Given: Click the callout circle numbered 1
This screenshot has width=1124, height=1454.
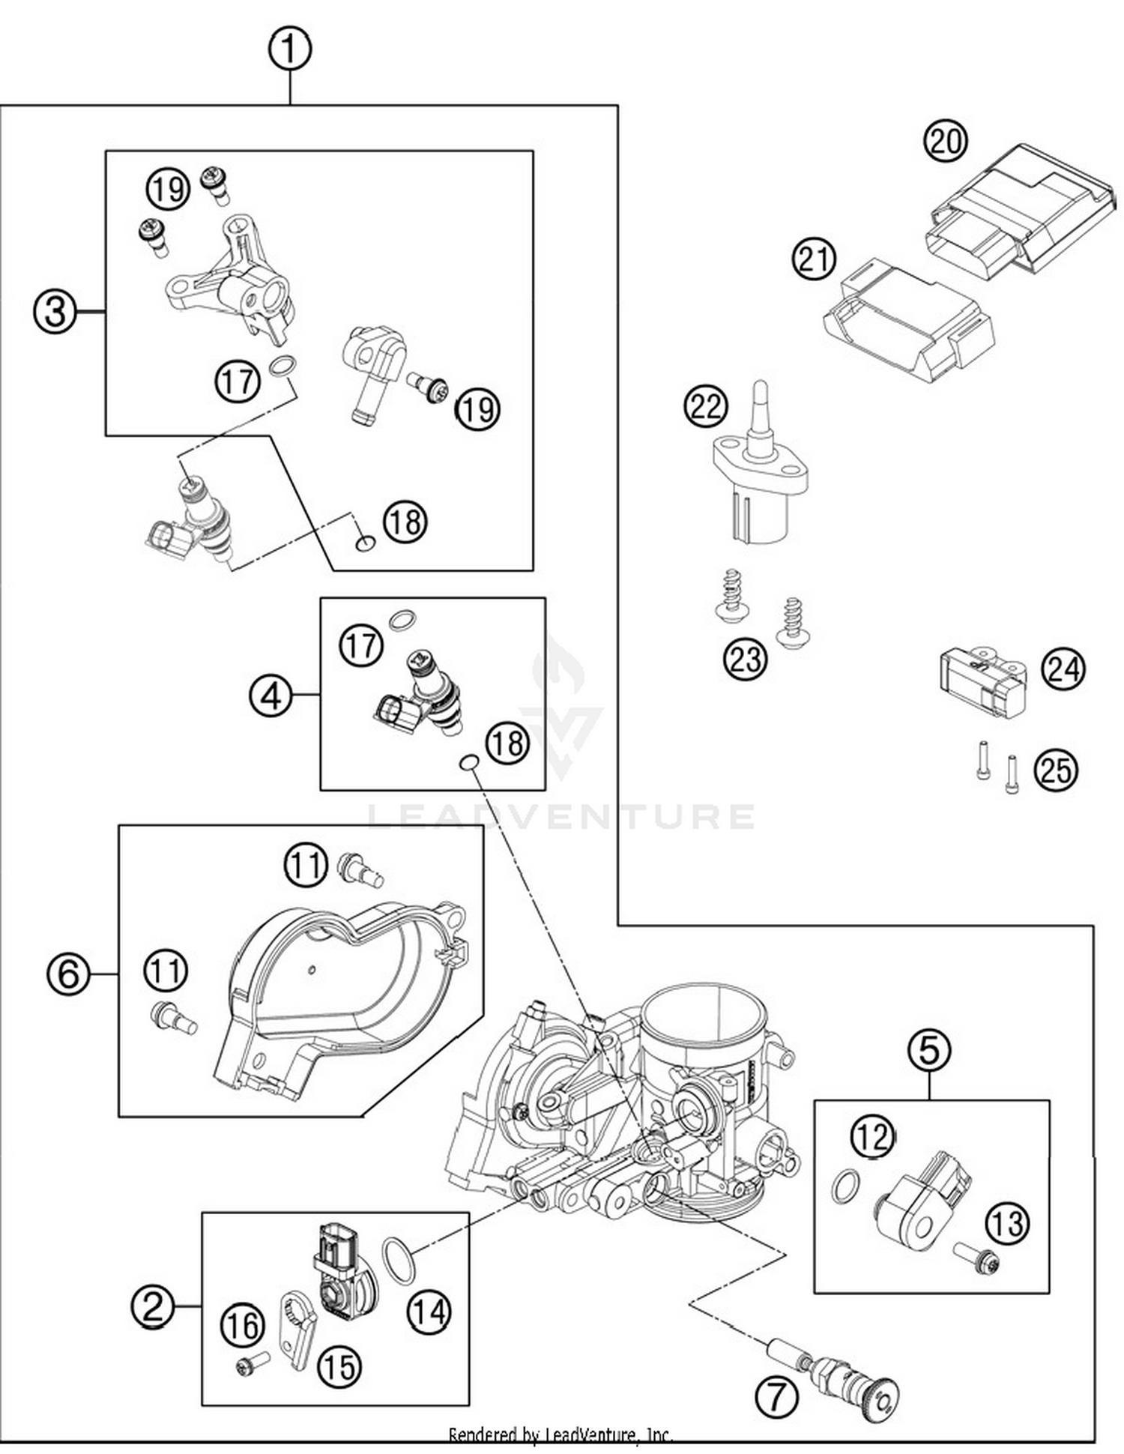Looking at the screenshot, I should [289, 50].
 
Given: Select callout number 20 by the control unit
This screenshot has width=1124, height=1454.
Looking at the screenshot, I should [945, 141].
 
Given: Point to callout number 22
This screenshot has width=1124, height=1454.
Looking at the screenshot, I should [706, 406].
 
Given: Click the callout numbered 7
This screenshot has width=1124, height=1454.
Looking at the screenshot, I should [776, 1396].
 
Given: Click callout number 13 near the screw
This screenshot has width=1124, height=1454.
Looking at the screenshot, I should [1007, 1222].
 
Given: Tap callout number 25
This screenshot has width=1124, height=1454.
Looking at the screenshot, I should [1056, 770].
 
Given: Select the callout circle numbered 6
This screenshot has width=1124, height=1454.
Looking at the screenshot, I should [68, 974].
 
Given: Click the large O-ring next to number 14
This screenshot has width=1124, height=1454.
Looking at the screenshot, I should [399, 1260].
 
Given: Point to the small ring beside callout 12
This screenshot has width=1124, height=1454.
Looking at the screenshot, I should [844, 1186].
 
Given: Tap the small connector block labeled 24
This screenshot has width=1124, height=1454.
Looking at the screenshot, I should [982, 684].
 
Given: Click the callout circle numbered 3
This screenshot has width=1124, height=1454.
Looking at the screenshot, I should [55, 311].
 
